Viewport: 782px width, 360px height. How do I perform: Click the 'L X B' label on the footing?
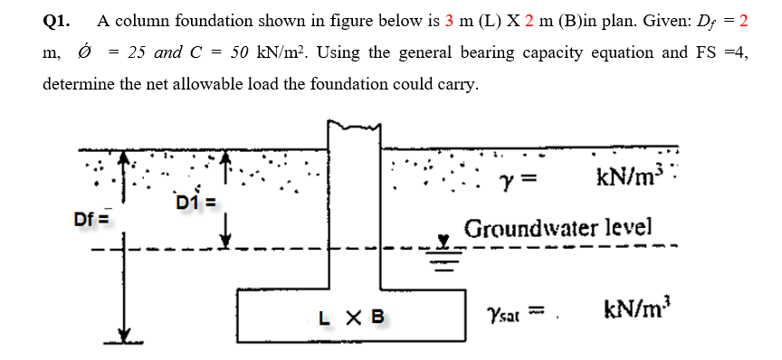pos(352,317)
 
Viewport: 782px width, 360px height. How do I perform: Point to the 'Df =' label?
pos(91,218)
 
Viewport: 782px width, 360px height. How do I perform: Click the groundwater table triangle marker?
pos(444,242)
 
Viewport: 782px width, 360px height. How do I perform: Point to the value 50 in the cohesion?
pos(240,52)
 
